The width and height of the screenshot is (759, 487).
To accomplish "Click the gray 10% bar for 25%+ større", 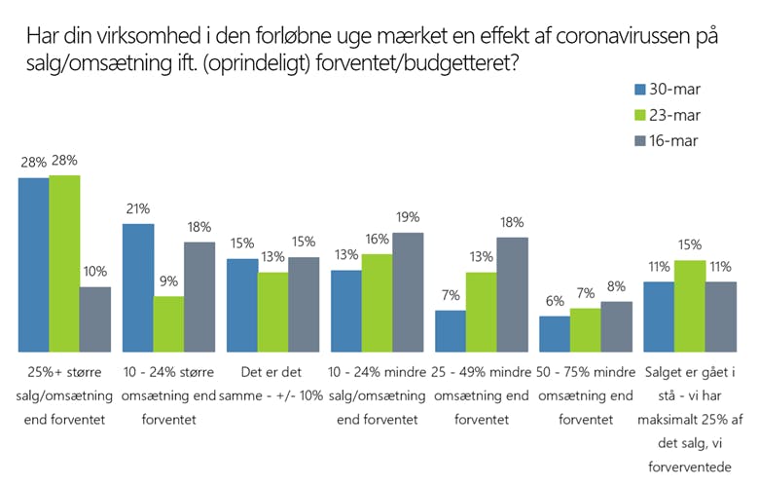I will [95, 318].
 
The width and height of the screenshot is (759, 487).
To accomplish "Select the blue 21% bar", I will [137, 287].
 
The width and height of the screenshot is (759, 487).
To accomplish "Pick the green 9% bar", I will [168, 323].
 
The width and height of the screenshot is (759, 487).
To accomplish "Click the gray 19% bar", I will [408, 292].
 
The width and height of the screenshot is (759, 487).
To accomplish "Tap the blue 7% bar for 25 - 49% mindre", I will [450, 331].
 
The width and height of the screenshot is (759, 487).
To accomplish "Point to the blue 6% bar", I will [554, 333].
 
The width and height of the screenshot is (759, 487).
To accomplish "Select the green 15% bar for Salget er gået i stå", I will [689, 306].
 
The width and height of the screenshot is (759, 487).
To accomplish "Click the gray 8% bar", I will [616, 326].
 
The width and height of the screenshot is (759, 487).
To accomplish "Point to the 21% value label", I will [137, 209].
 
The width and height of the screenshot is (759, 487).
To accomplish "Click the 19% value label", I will [408, 218].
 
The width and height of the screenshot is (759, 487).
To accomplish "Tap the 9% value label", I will [168, 282].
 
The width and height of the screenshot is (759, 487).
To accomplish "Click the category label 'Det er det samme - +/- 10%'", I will [271, 385].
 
